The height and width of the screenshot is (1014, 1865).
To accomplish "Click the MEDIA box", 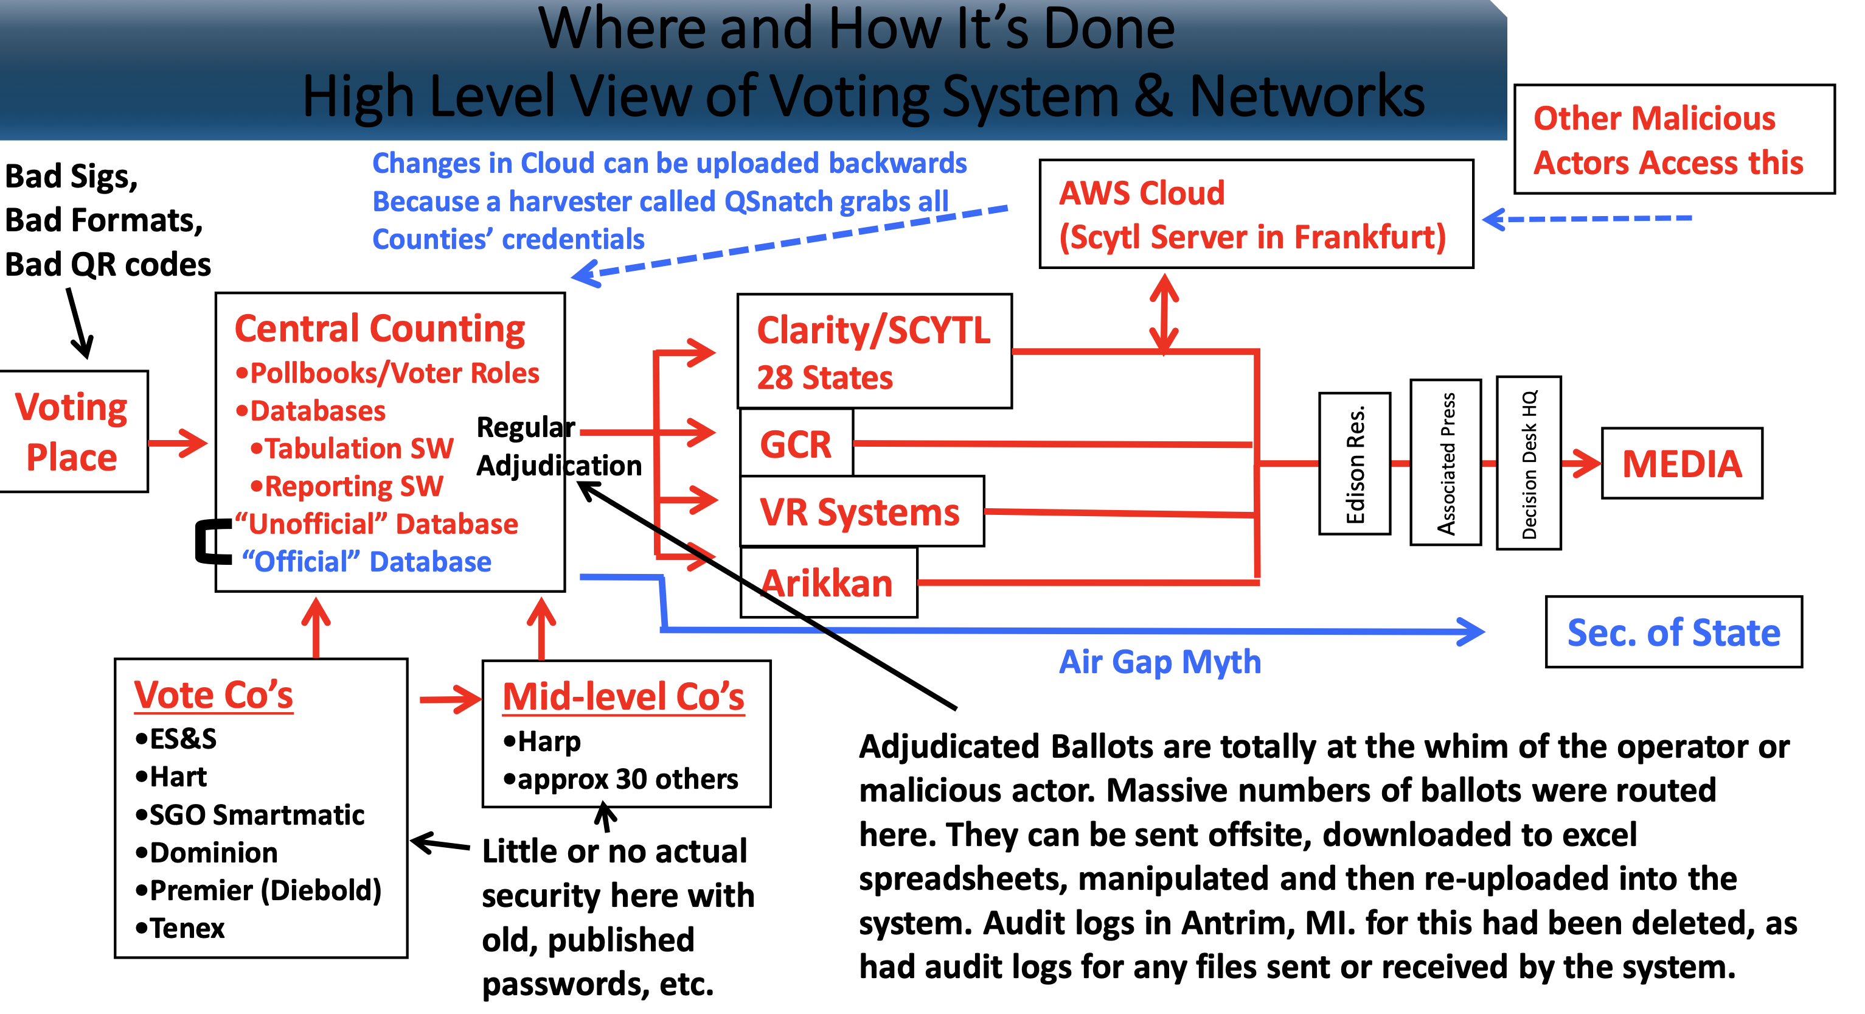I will coord(1681,464).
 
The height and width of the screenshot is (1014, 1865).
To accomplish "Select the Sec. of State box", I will coord(1673,632).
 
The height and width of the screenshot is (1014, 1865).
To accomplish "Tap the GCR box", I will coord(796,443).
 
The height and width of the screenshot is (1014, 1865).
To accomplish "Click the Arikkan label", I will coord(827,583).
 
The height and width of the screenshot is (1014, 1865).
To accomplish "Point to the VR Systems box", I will coord(860,511).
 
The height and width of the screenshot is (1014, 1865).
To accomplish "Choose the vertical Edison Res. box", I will coord(1355,464).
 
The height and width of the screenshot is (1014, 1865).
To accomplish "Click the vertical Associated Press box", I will coord(1446,464).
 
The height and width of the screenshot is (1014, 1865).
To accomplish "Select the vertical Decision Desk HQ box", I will coord(1529,464).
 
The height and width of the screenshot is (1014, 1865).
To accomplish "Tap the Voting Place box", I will coord(72,432).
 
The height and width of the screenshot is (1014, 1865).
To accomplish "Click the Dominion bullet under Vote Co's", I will coord(207,853).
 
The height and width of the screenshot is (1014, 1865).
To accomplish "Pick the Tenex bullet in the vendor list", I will coord(181,928).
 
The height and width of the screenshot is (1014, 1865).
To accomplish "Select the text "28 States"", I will coord(825,378).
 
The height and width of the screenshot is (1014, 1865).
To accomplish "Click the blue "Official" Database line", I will coord(366,562).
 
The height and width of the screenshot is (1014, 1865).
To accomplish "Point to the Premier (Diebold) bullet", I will coord(259,890).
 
